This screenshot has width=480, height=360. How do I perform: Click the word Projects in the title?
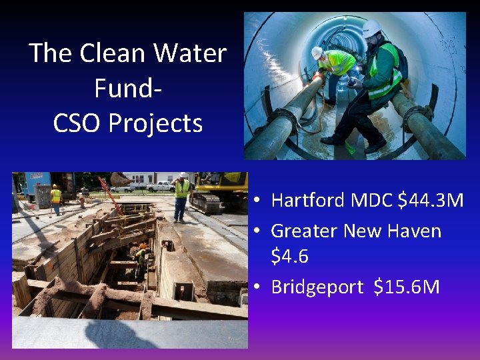click(x=157, y=124)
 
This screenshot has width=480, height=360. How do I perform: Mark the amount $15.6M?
click(x=407, y=287)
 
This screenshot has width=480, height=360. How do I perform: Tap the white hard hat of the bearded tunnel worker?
click(x=371, y=28)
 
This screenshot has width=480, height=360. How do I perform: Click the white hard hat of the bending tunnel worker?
click(x=317, y=52)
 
